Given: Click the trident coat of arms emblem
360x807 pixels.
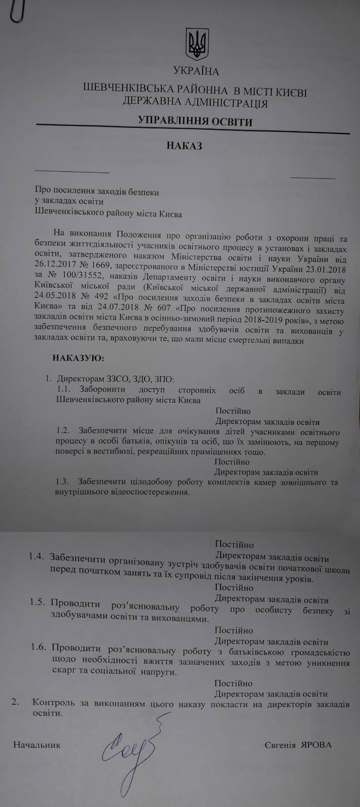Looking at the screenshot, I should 197,44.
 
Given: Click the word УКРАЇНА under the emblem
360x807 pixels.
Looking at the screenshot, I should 196,71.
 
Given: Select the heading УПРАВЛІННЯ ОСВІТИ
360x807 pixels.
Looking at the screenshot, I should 196,121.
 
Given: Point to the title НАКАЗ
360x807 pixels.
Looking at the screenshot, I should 184,146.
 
